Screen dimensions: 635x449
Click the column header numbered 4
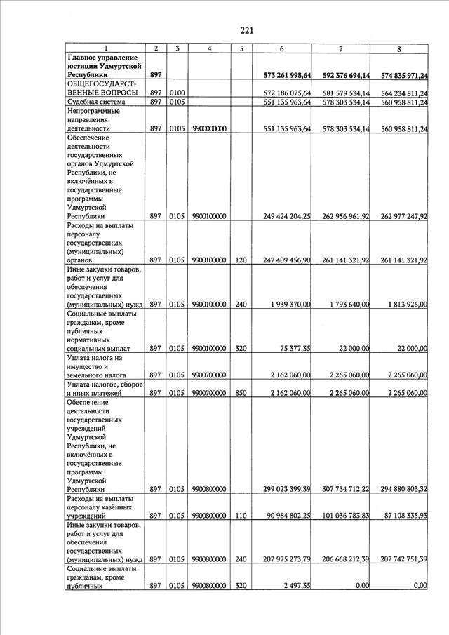click(x=210, y=48)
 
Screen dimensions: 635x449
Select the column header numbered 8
click(x=399, y=48)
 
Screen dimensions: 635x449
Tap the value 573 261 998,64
click(x=286, y=75)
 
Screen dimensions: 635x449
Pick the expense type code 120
click(x=241, y=260)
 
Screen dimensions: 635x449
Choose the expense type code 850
click(x=241, y=393)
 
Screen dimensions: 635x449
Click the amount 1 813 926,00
click(x=406, y=305)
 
